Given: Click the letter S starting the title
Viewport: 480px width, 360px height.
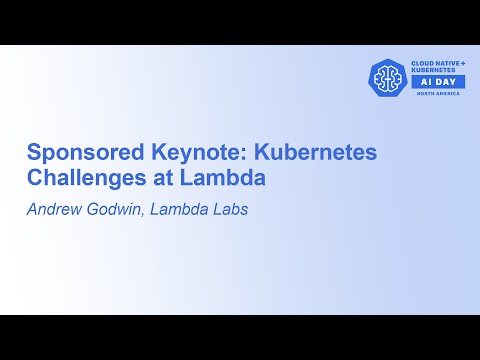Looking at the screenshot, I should pos(32,153).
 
